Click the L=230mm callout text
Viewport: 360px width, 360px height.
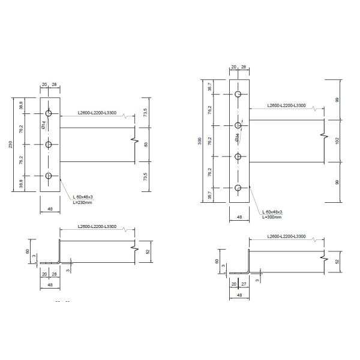(82, 202)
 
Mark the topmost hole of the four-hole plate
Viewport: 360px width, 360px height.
(238, 95)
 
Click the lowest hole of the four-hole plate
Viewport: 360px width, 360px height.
(238, 188)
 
